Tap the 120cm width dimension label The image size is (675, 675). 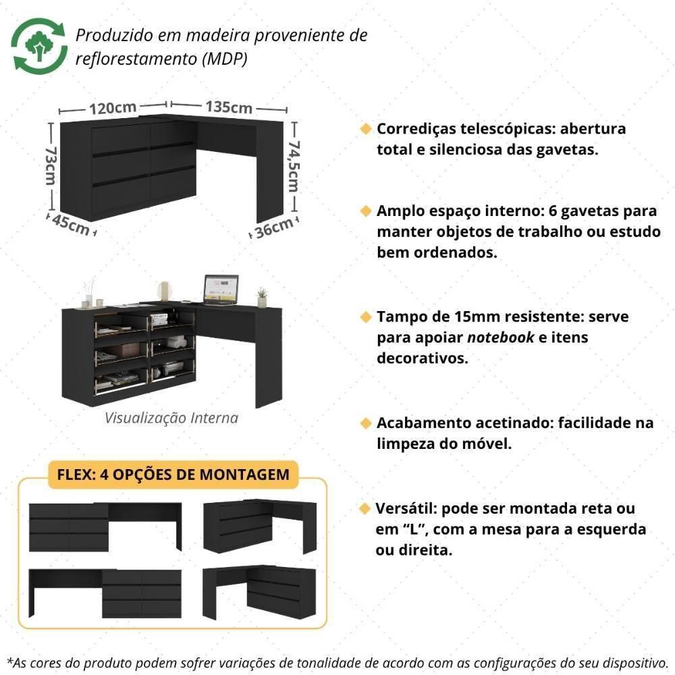pos(112,107)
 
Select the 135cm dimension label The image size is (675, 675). pos(229,107)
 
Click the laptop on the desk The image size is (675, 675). pos(221,288)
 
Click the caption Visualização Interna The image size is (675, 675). pos(171,418)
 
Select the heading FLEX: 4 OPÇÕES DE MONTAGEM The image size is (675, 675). pos(173,474)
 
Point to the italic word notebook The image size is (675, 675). pos(501,337)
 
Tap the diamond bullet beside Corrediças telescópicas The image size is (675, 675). pos(365,128)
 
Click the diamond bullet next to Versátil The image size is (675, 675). pos(365,508)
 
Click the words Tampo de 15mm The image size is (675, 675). pos(433,316)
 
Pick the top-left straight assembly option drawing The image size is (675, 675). pos(105,526)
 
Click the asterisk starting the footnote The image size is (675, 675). pos(9,659)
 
